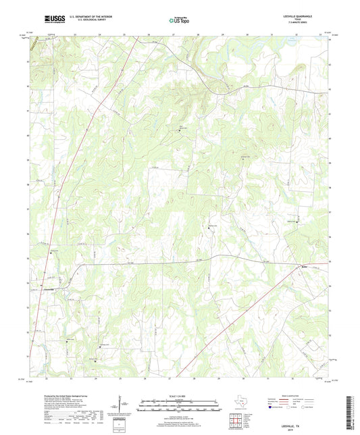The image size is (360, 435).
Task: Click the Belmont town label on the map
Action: click(305, 267)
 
